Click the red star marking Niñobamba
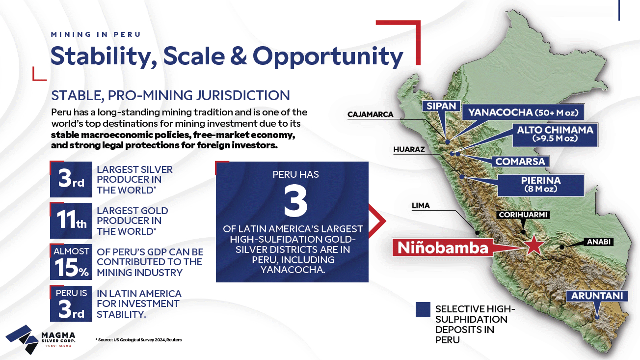click(533, 245)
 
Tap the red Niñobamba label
click(443, 248)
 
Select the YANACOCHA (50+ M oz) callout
click(523, 112)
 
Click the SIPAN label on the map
click(441, 106)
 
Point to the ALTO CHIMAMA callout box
click(555, 135)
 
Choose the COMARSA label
click(520, 162)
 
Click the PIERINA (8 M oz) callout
click(541, 185)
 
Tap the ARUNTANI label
click(597, 296)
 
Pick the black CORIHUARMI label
click(523, 215)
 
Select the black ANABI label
click(599, 242)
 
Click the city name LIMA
click(421, 206)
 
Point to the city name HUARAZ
click(409, 149)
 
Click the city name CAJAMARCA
click(370, 114)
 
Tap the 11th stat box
click(71, 221)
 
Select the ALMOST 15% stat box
click(71, 262)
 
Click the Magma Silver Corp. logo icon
click(22, 339)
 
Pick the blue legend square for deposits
click(423, 310)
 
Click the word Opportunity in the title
click(328, 56)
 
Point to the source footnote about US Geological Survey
click(138, 340)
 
